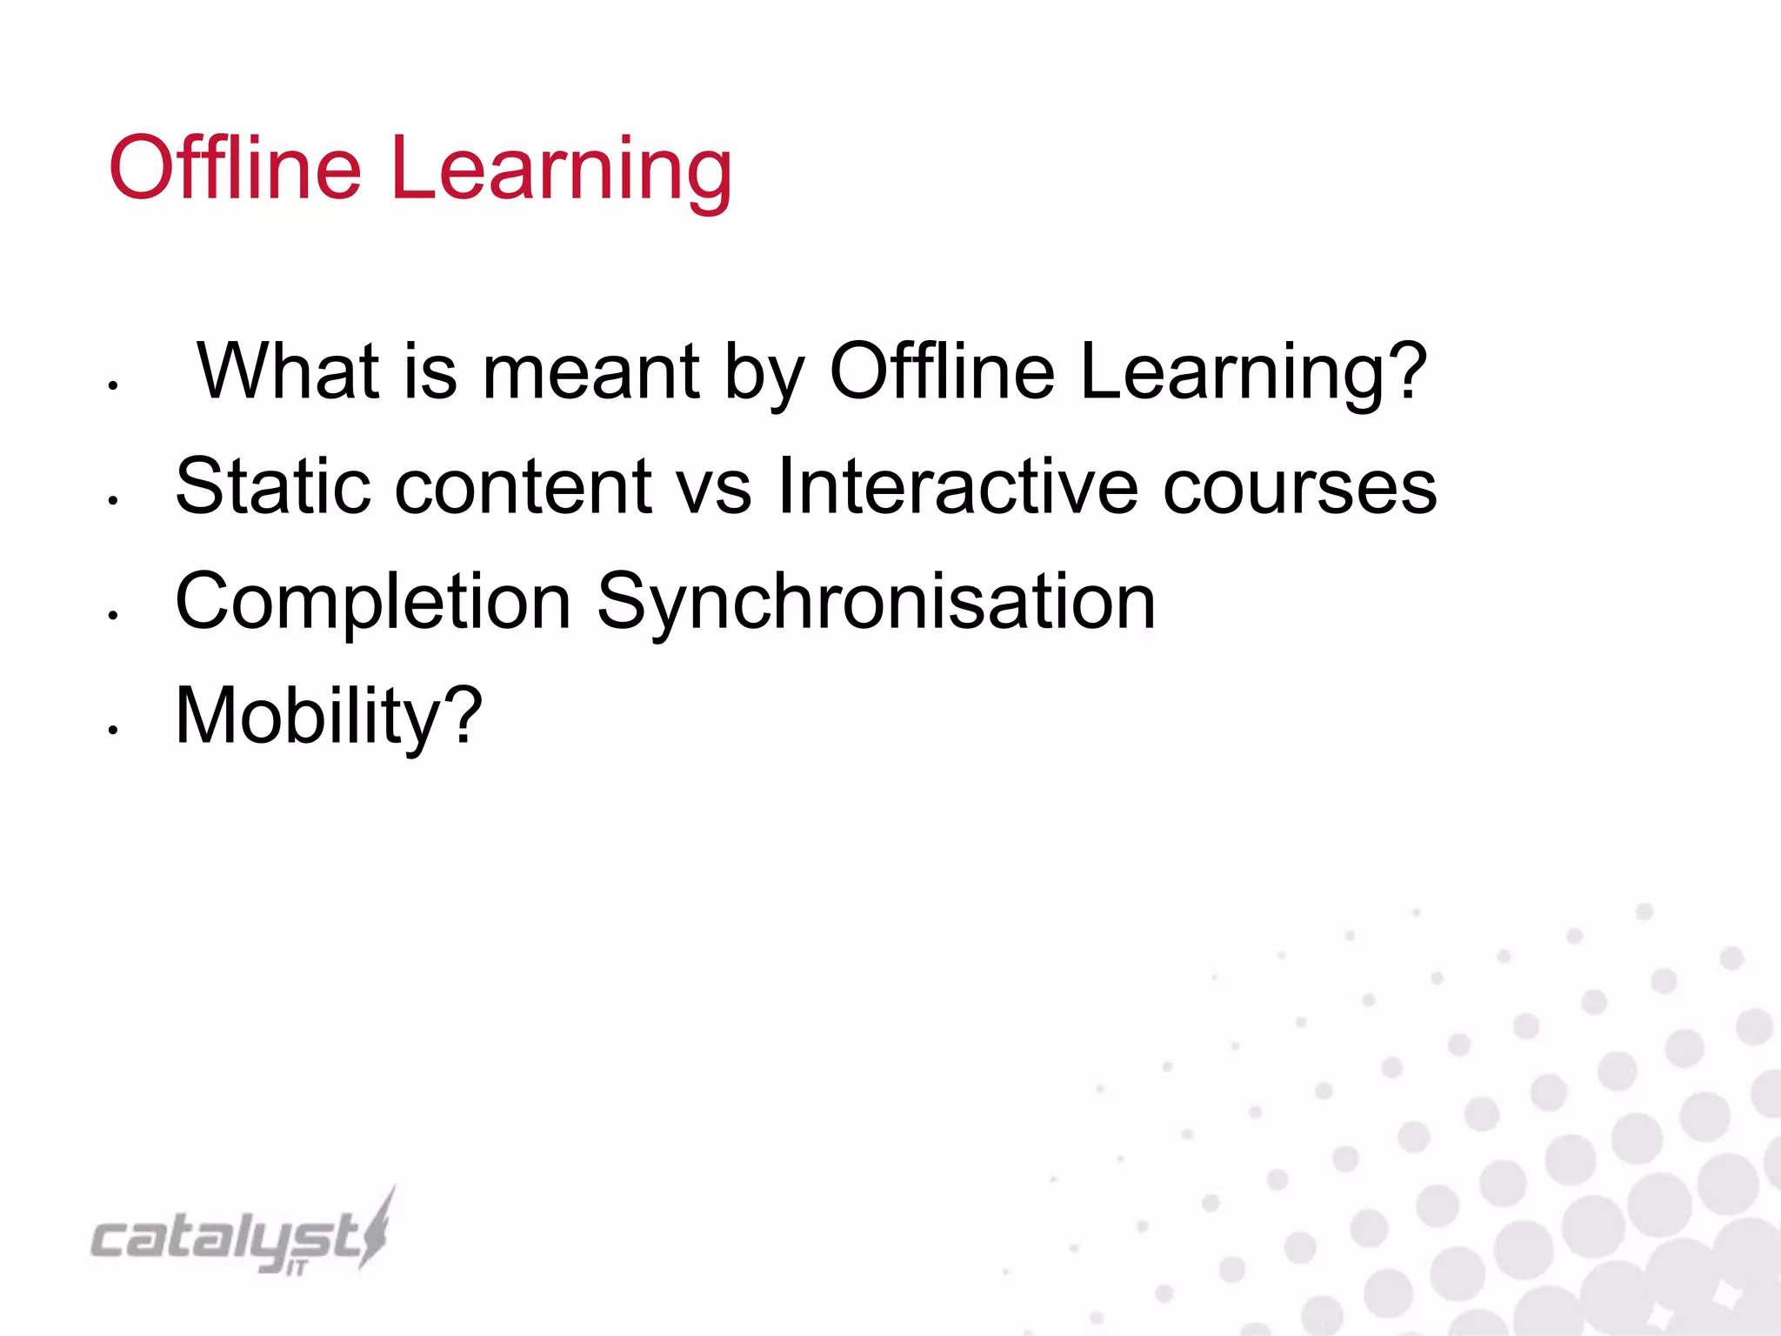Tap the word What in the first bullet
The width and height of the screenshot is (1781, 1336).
(x=288, y=371)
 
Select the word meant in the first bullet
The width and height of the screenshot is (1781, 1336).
(x=590, y=371)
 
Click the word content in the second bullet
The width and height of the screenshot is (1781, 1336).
(x=523, y=487)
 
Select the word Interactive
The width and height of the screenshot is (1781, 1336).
(x=957, y=486)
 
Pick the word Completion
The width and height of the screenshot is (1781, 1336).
(x=372, y=603)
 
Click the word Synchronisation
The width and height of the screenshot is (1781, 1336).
(x=876, y=603)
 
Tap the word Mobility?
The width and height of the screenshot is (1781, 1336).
(x=329, y=717)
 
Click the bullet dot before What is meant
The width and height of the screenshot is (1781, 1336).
(x=113, y=385)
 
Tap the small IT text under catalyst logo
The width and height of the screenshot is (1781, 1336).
(x=297, y=1269)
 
